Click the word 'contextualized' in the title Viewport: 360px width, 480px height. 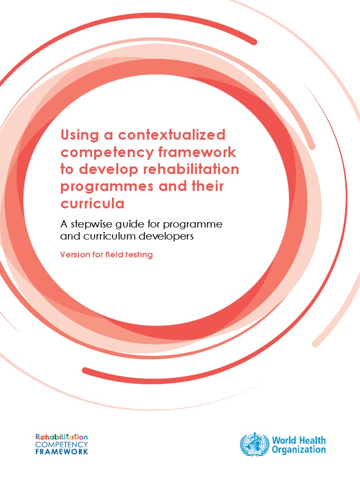tap(172, 135)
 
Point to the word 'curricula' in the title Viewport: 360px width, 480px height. tap(92, 203)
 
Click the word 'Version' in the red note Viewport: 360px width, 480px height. tap(75, 255)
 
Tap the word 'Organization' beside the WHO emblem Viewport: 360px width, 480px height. tap(299, 449)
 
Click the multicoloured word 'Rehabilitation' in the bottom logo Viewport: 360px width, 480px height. tap(61, 436)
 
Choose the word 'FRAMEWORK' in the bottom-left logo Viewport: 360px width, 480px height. tap(61, 452)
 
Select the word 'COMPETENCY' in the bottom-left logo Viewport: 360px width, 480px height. tap(61, 444)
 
